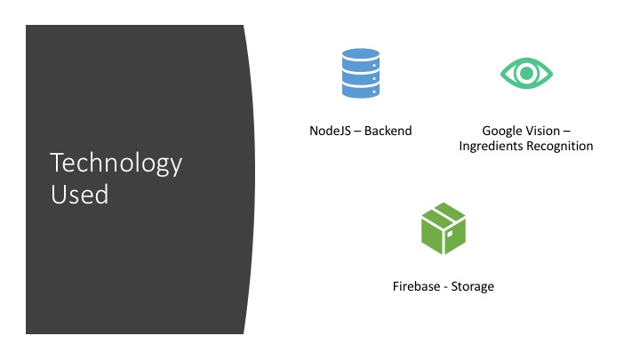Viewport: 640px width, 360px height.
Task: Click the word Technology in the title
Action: [116, 164]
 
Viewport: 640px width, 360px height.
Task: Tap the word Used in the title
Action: [80, 194]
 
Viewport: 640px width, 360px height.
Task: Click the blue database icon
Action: [361, 74]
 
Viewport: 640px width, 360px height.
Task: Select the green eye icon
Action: [526, 74]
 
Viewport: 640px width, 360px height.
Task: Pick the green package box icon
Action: [444, 228]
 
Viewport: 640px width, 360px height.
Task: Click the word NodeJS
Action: [330, 131]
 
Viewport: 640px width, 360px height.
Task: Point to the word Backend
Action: [388, 131]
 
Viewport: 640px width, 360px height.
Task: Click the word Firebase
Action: [416, 286]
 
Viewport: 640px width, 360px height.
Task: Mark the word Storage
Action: [472, 287]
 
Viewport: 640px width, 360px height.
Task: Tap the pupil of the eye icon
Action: [526, 74]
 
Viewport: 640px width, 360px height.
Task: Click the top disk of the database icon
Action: [361, 55]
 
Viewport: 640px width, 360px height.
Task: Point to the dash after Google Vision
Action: [566, 132]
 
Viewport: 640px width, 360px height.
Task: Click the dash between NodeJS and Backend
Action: [357, 132]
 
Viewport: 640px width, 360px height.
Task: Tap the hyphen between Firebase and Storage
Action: [445, 288]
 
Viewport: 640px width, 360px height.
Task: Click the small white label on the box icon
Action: [449, 235]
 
